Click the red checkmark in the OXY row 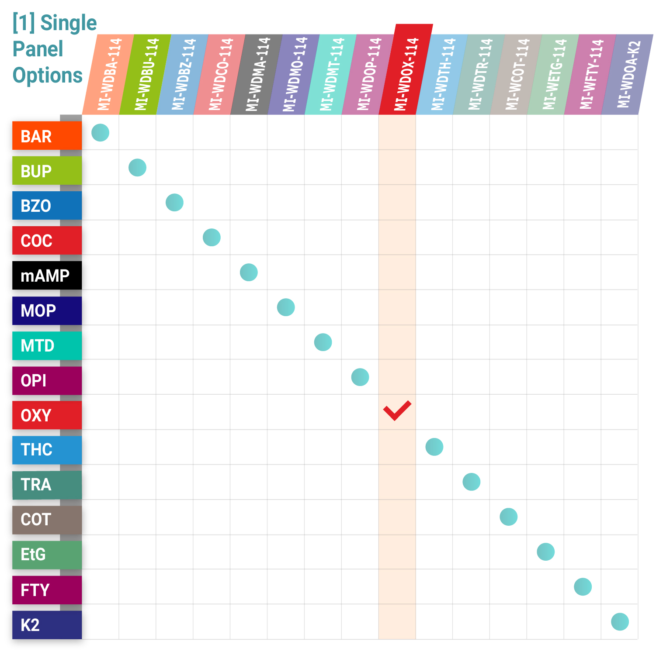(x=397, y=410)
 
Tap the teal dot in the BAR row (x=100, y=133)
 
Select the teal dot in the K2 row (x=620, y=622)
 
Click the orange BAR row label (x=47, y=136)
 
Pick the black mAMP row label (x=47, y=276)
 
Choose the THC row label (x=47, y=450)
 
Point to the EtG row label (x=47, y=555)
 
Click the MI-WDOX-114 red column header (x=406, y=70)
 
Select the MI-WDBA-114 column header (x=108, y=74)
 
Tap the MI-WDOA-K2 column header (x=628, y=74)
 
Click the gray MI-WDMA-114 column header (x=257, y=74)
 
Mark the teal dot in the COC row (x=212, y=238)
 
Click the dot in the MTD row (x=323, y=342)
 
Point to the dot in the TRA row (x=472, y=482)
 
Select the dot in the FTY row (x=583, y=587)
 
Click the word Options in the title (x=47, y=76)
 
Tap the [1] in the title (x=24, y=23)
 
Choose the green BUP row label (x=47, y=171)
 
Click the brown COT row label (x=47, y=520)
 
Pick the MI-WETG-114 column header (x=553, y=74)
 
